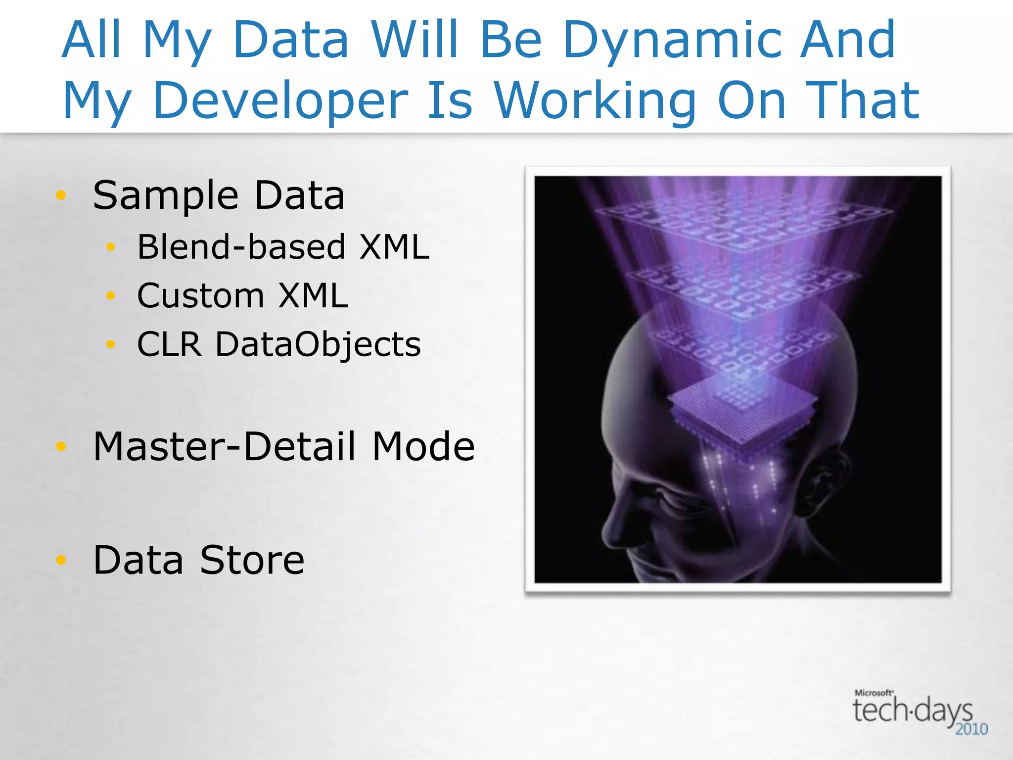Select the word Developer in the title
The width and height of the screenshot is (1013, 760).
click(281, 101)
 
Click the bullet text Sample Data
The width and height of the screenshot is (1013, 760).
click(219, 195)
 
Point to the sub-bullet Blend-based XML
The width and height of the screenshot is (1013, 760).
click(283, 246)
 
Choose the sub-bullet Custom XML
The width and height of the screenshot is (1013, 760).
click(242, 296)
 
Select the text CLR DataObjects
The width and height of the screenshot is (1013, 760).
click(278, 344)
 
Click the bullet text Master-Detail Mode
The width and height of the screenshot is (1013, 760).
click(284, 446)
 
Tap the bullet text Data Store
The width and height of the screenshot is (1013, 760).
click(198, 560)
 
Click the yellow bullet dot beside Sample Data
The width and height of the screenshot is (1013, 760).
click(61, 195)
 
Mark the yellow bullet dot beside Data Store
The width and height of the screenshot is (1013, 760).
click(61, 560)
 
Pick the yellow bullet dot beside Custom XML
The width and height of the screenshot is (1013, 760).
click(110, 296)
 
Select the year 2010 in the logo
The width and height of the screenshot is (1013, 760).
click(971, 729)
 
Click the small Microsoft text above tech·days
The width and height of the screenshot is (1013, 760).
click(874, 693)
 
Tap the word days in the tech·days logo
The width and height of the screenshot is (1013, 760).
click(942, 712)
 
